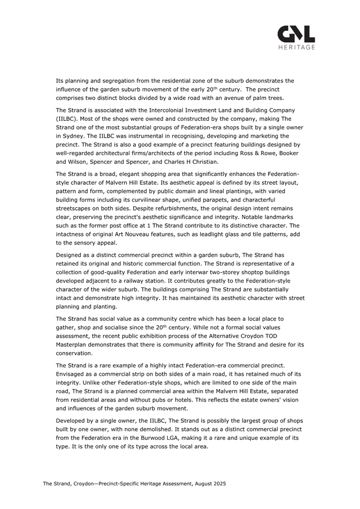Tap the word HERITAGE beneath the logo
[296, 48]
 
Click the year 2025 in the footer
[218, 484]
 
